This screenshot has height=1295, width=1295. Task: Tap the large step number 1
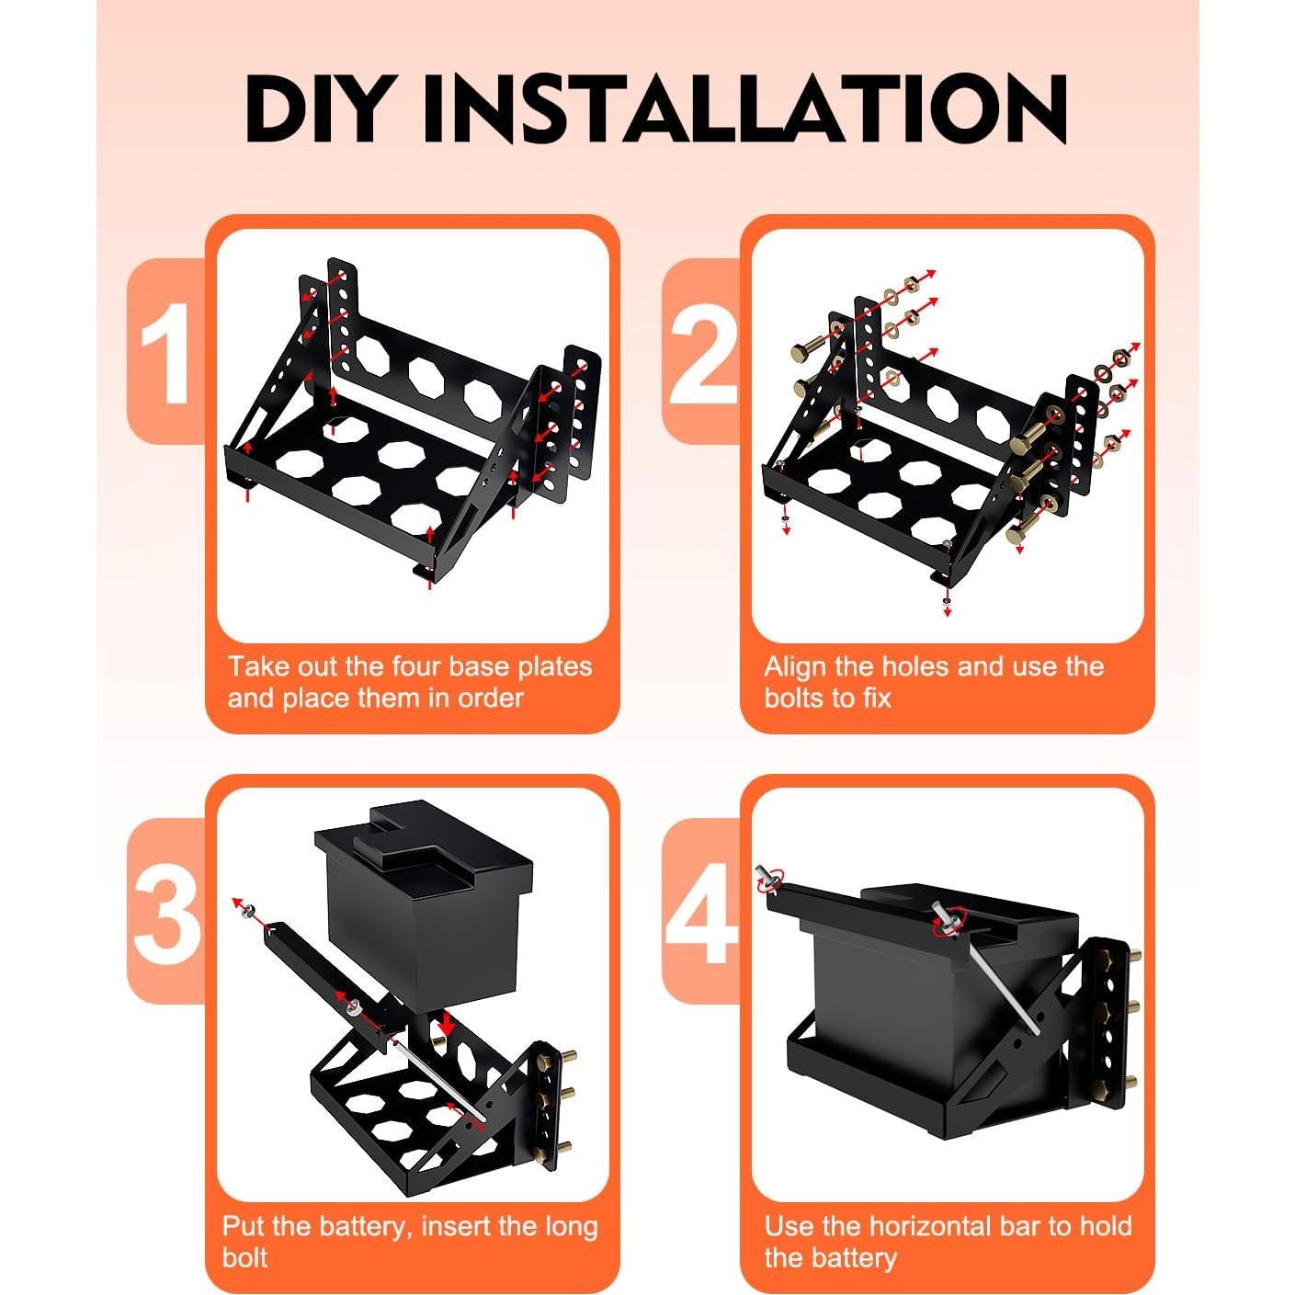coord(165,354)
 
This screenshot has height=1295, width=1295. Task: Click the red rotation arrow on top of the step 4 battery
coord(949,919)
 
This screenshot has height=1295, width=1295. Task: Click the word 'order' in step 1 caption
coord(490,699)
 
